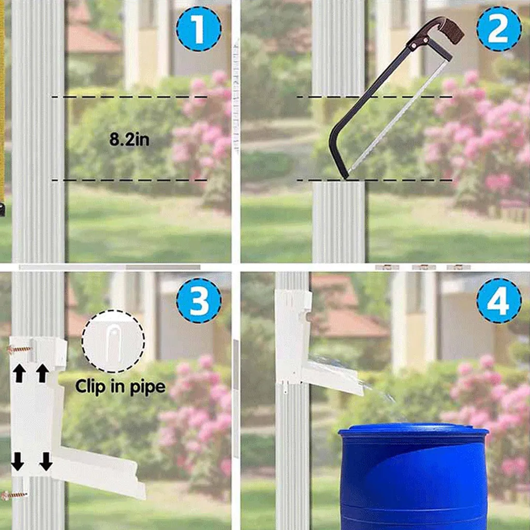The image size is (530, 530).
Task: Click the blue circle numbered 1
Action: click(199, 29)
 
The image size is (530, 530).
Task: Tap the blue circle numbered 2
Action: click(499, 29)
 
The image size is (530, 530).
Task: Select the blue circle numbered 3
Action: click(199, 301)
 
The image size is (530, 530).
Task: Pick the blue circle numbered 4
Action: click(499, 301)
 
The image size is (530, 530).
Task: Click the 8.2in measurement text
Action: click(129, 139)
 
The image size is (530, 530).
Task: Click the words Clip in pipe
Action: click(120, 387)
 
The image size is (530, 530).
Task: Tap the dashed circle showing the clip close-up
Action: click(113, 342)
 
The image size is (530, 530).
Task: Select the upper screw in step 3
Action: click(19, 349)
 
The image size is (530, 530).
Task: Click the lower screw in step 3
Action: click(14, 496)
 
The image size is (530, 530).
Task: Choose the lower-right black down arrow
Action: click(46, 461)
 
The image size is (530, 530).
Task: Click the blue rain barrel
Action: click(413, 477)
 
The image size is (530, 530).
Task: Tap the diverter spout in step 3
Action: click(98, 472)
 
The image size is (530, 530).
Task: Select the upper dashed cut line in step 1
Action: click(129, 97)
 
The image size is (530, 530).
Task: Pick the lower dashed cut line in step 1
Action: click(129, 180)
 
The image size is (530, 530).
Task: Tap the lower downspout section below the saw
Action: click(338, 222)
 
